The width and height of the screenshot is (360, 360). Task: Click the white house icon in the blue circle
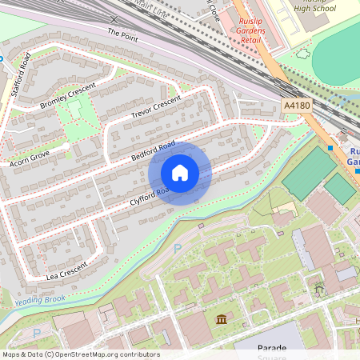pyautogui.click(x=180, y=173)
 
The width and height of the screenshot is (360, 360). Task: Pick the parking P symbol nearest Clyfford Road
pyautogui.click(x=177, y=249)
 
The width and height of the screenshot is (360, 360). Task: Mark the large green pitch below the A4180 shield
pyautogui.click(x=308, y=172)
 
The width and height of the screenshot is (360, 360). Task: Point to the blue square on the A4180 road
pyautogui.click(x=330, y=147)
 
